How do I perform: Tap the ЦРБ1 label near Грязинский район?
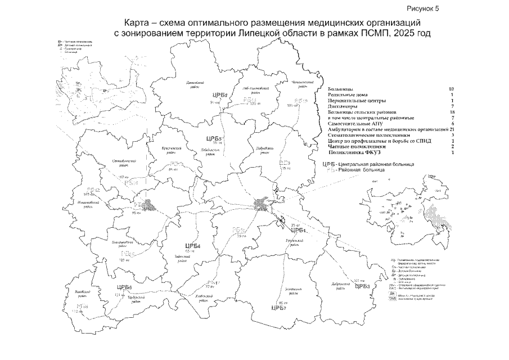point(298,230)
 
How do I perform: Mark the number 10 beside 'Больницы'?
point(448,89)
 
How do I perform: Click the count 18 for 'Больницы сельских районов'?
point(448,112)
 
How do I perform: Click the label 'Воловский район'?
point(82,293)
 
